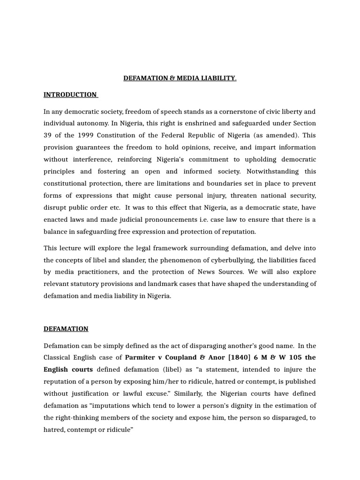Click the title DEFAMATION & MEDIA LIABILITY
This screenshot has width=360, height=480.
pyautogui.click(x=180, y=78)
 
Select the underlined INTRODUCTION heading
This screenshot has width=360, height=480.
pyautogui.click(x=70, y=95)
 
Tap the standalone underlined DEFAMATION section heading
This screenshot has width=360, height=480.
pyautogui.click(x=66, y=329)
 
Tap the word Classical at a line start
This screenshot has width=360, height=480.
pyautogui.click(x=58, y=357)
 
